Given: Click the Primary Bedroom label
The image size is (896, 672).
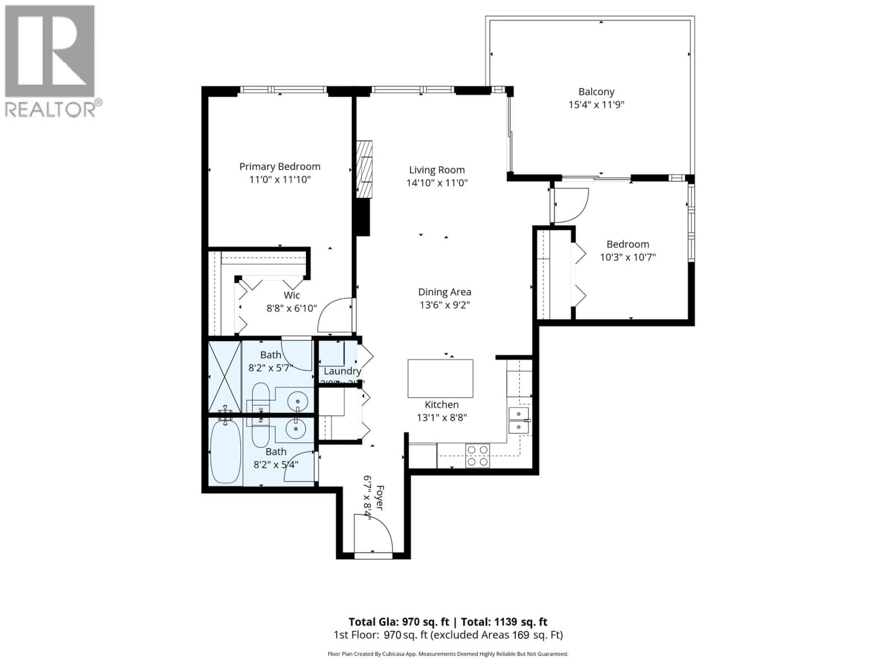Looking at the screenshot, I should tap(280, 166).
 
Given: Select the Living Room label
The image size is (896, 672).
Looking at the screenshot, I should tap(437, 170).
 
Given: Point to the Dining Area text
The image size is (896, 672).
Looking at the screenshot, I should tap(444, 292).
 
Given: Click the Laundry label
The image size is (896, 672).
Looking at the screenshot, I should tap(342, 371).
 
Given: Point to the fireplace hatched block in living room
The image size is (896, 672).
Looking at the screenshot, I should tap(364, 169).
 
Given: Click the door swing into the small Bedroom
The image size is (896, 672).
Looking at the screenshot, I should tap(570, 205).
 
